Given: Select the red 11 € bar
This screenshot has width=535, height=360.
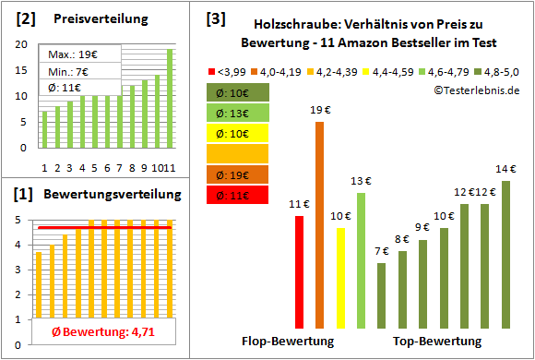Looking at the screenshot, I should [300, 272].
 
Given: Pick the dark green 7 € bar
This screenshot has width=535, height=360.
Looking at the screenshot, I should [381, 295].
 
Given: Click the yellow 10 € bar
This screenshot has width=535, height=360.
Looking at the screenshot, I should [340, 278].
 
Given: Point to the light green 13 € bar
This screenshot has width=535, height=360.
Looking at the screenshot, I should [361, 260].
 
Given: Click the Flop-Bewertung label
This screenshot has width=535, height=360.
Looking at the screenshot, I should [288, 342].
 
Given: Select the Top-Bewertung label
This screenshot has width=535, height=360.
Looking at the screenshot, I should [437, 342].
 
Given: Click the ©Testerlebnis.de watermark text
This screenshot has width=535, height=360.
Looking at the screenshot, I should [475, 90].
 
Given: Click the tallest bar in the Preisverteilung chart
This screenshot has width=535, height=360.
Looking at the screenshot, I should [170, 98].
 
